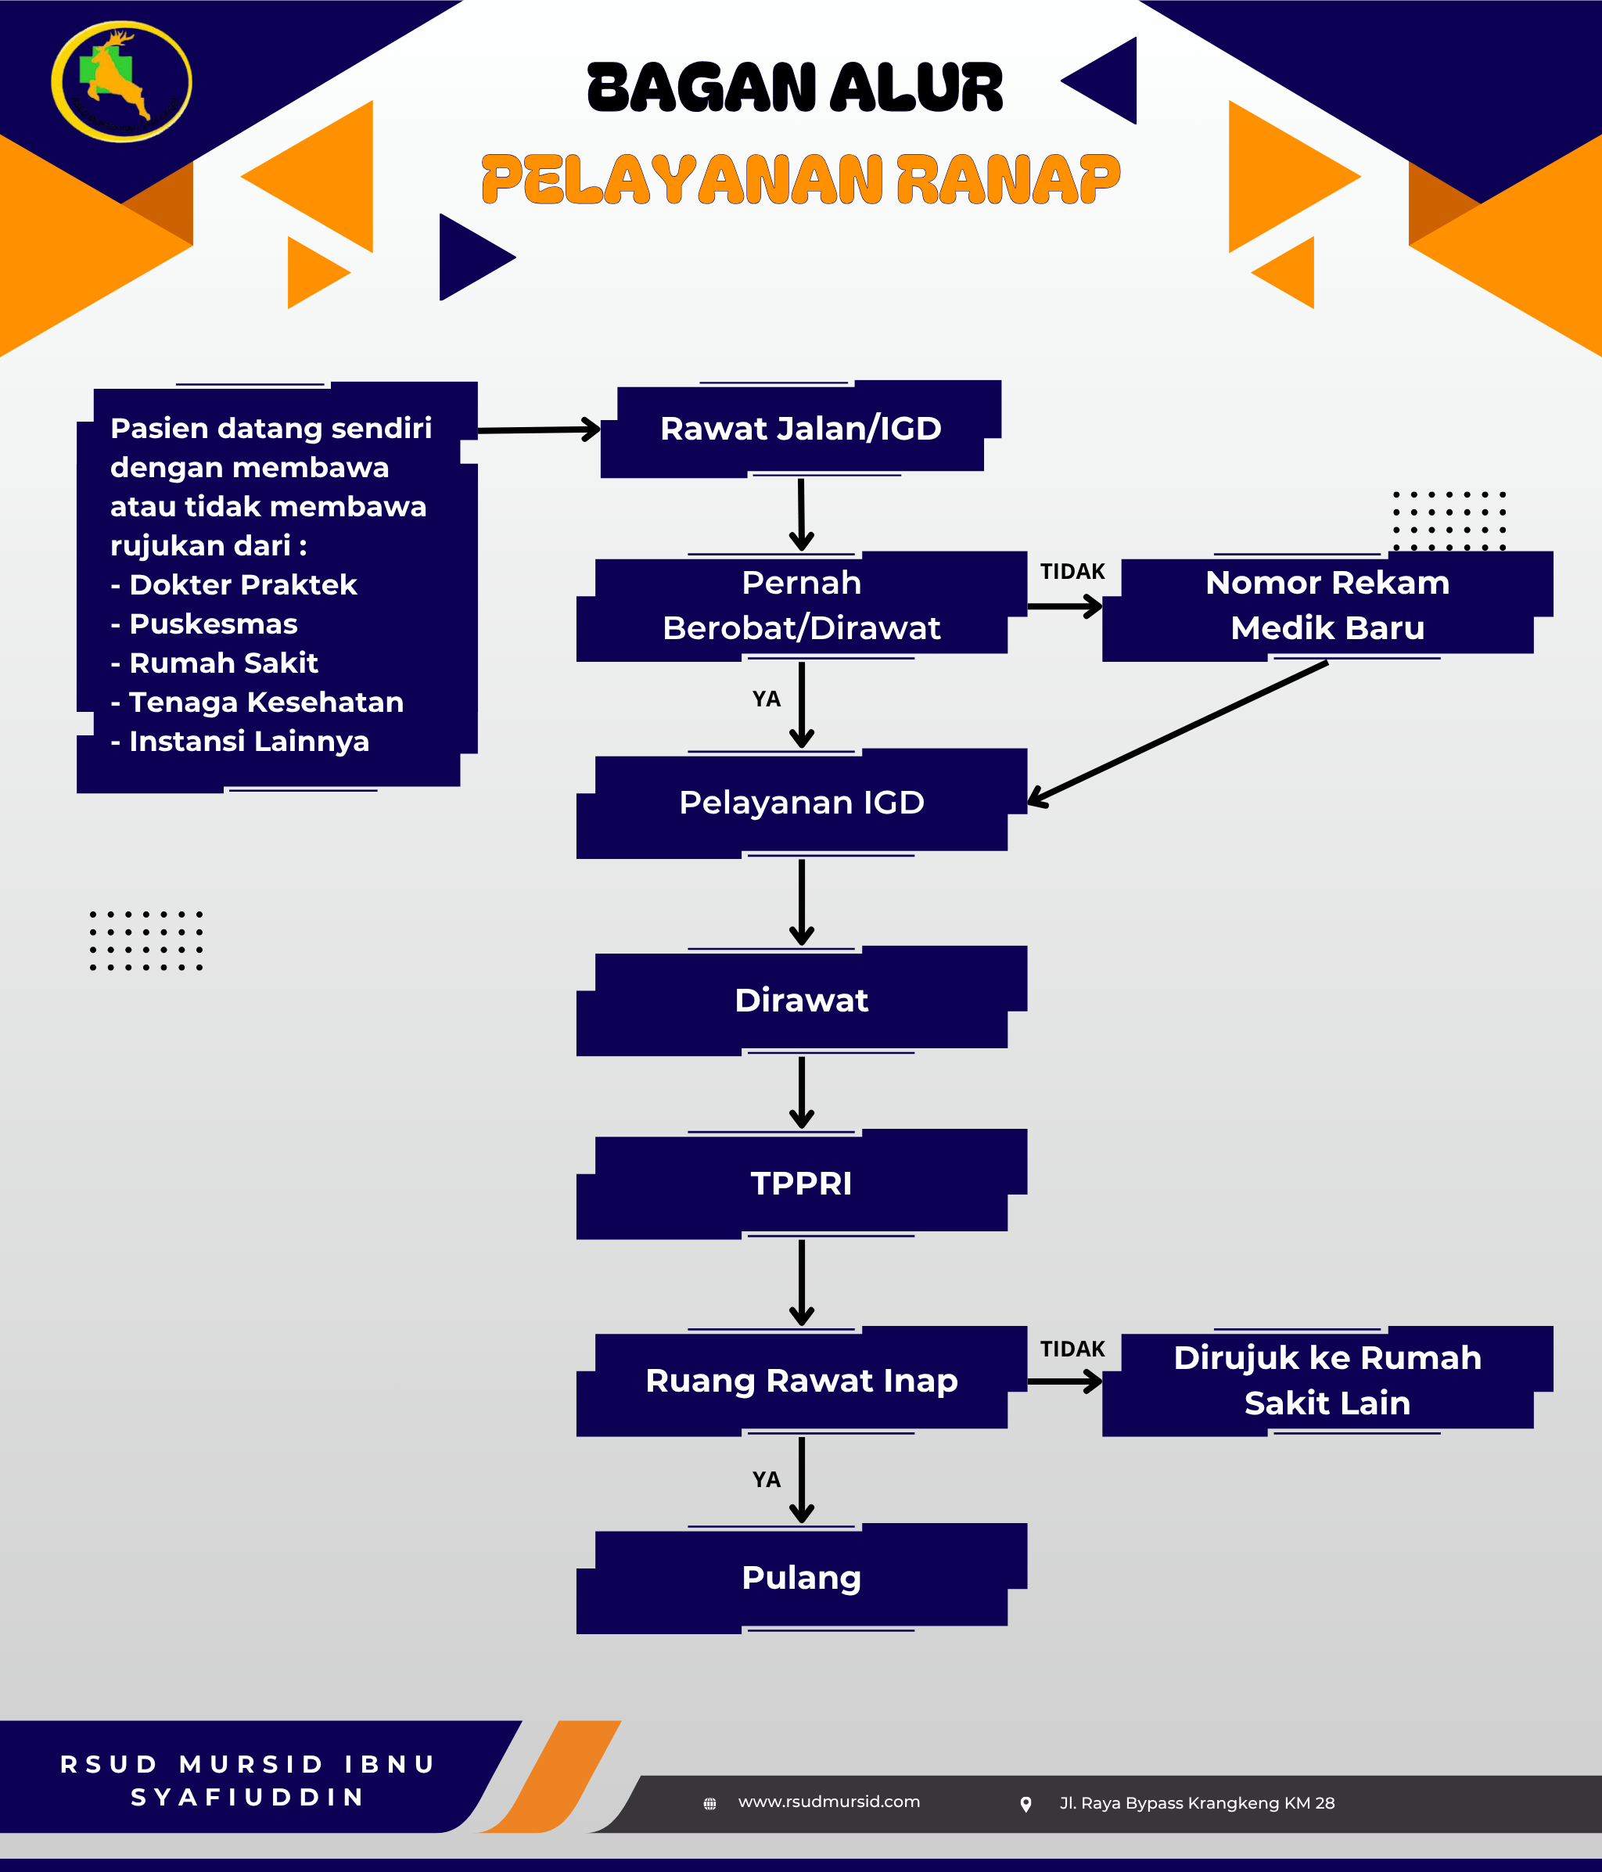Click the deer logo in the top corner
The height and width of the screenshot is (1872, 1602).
pyautogui.click(x=121, y=81)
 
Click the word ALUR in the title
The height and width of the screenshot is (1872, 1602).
pyautogui.click(x=916, y=88)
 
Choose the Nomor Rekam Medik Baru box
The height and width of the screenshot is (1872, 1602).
pyautogui.click(x=1327, y=605)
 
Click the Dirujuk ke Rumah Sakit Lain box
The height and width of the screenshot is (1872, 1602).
pyautogui.click(x=1327, y=1381)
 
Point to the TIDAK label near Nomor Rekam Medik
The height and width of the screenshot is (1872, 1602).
pyautogui.click(x=1072, y=572)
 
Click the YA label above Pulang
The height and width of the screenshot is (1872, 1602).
pyautogui.click(x=767, y=1480)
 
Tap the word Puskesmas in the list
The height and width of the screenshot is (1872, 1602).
pyautogui.click(x=214, y=624)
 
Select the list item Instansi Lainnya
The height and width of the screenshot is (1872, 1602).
pyautogui.click(x=249, y=742)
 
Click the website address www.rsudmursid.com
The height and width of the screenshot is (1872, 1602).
pyautogui.click(x=828, y=1802)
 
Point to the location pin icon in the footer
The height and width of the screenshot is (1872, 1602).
pyautogui.click(x=1025, y=1804)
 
